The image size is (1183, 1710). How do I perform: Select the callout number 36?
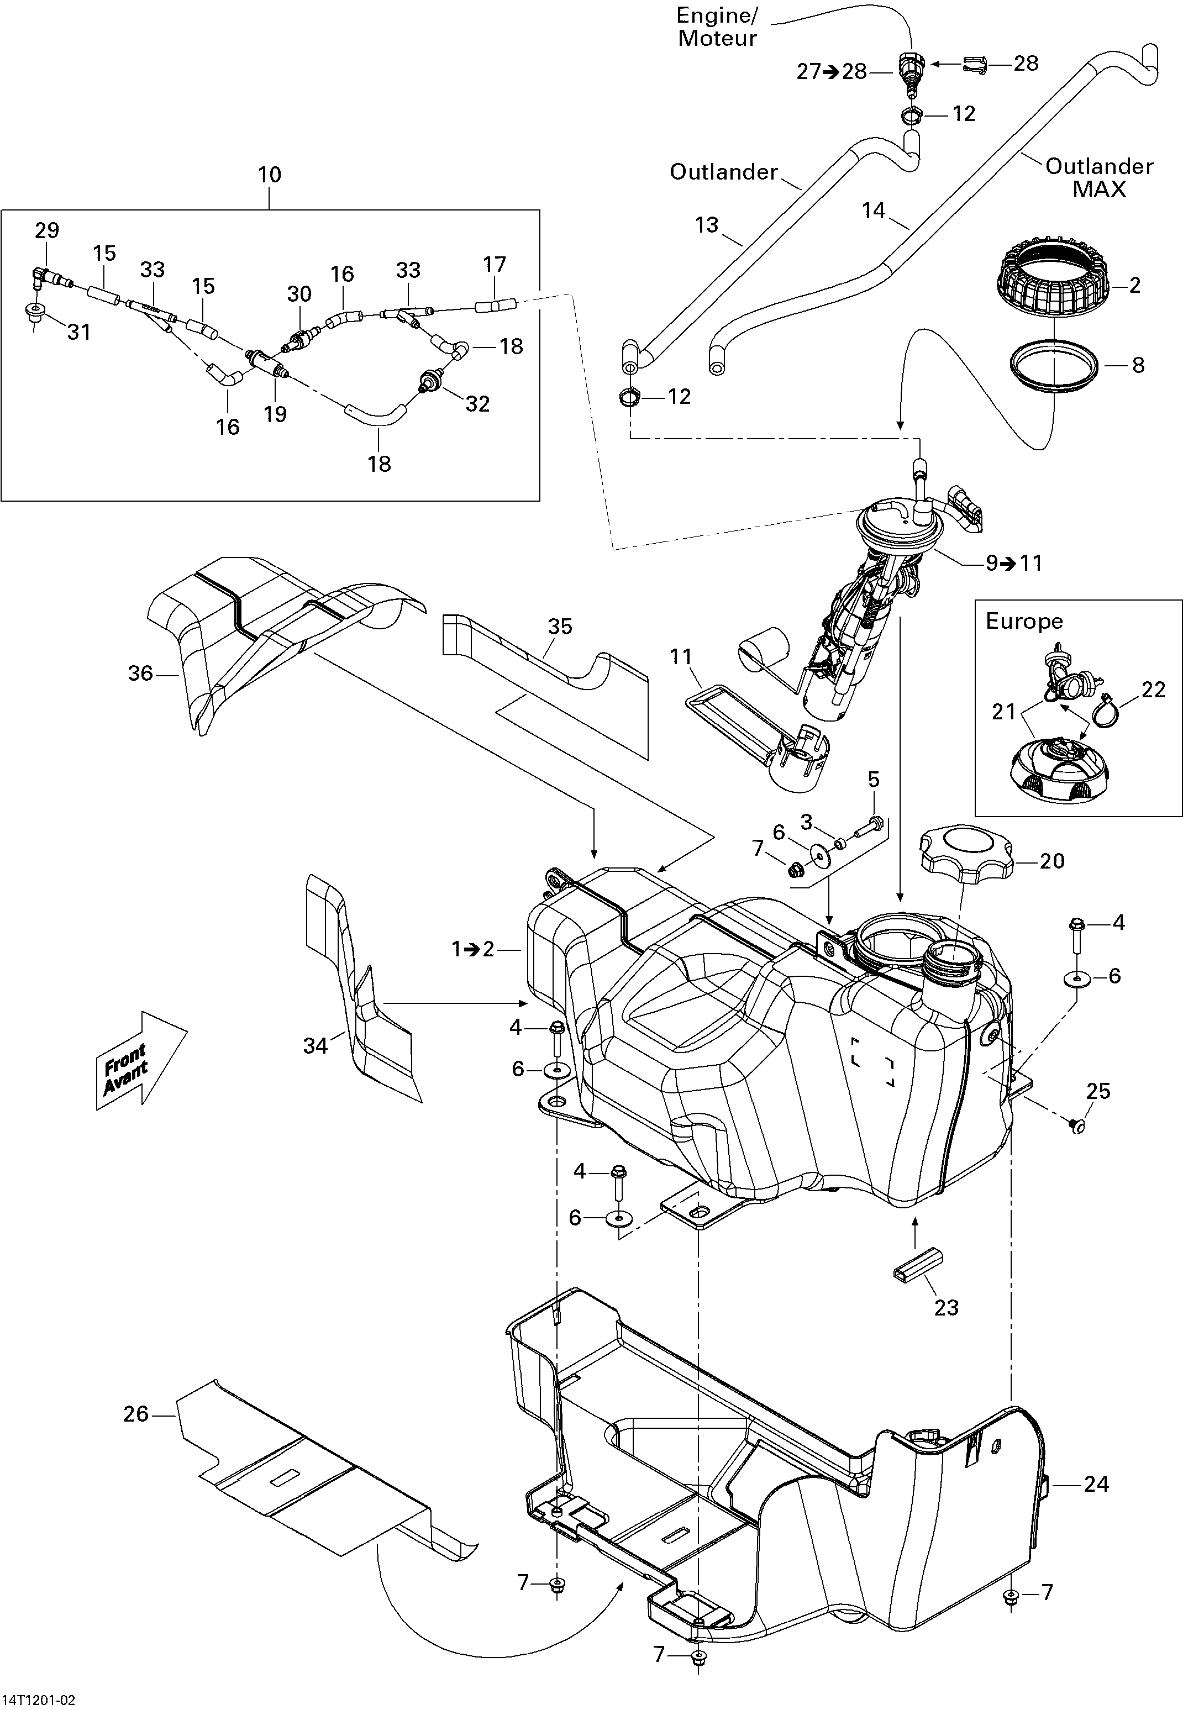(x=140, y=673)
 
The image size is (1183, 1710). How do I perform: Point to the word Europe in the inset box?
(x=1024, y=621)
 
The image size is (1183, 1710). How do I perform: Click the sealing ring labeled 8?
(x=1055, y=364)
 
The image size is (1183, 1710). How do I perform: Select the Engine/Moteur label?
(x=716, y=28)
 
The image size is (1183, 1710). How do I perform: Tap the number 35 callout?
(x=560, y=627)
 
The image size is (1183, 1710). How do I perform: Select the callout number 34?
(x=315, y=1046)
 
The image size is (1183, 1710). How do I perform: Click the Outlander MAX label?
(x=1099, y=178)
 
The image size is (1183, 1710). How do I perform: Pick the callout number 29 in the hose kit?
(x=47, y=230)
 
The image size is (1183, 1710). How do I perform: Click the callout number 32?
(x=477, y=404)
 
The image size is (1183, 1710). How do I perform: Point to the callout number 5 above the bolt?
(x=874, y=780)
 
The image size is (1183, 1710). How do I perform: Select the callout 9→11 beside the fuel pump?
(x=1013, y=564)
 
